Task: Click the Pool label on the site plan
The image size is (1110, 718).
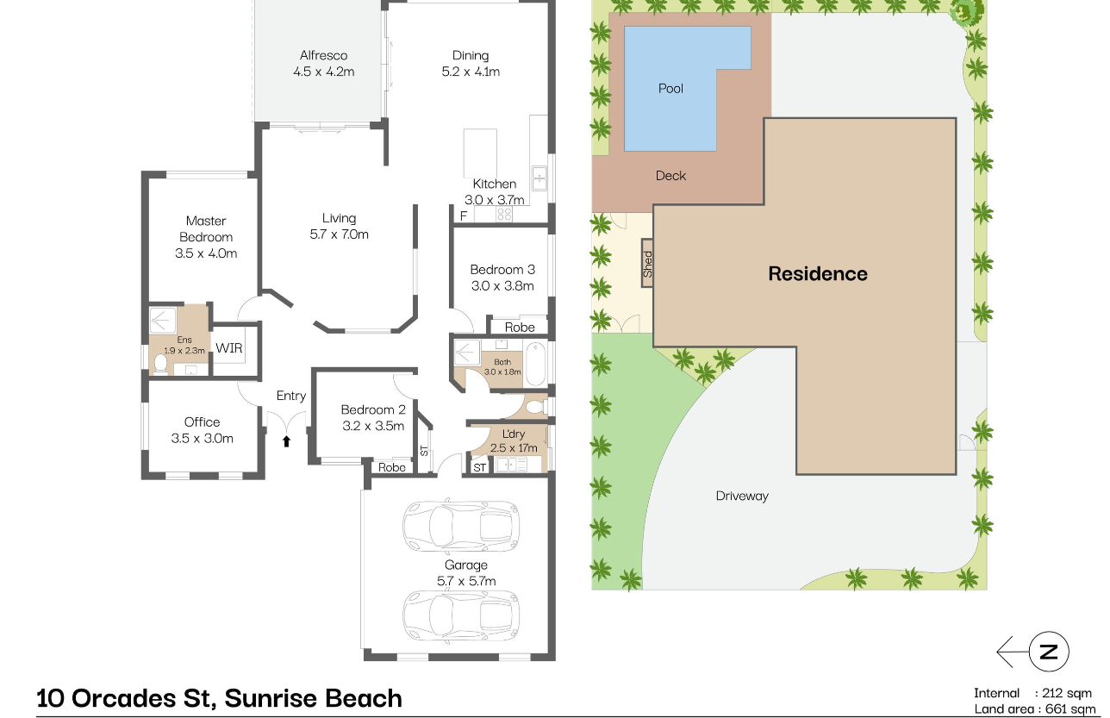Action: click(x=670, y=89)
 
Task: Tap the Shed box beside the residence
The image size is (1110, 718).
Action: click(x=647, y=263)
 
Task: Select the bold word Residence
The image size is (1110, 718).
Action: click(x=818, y=274)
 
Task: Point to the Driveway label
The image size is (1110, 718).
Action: click(x=742, y=496)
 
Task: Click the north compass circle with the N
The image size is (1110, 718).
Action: click(x=1049, y=651)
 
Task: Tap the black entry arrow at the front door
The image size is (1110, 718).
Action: click(x=286, y=441)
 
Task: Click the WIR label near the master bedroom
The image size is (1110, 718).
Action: click(x=229, y=348)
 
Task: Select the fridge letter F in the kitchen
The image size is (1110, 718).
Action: click(x=464, y=216)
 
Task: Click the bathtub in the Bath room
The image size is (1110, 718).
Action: click(x=536, y=363)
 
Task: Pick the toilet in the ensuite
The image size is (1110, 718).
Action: click(x=160, y=363)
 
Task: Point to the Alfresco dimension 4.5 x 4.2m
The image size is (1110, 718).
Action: click(x=323, y=72)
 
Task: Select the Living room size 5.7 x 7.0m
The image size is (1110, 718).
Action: click(x=339, y=234)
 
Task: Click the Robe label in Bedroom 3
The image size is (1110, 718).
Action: click(x=520, y=328)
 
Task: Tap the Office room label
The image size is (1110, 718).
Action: click(x=202, y=422)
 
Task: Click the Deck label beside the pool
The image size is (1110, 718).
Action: click(x=670, y=176)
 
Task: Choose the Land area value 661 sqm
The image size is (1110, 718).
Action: click(x=1070, y=709)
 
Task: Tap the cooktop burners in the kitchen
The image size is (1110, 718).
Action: click(x=504, y=214)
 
